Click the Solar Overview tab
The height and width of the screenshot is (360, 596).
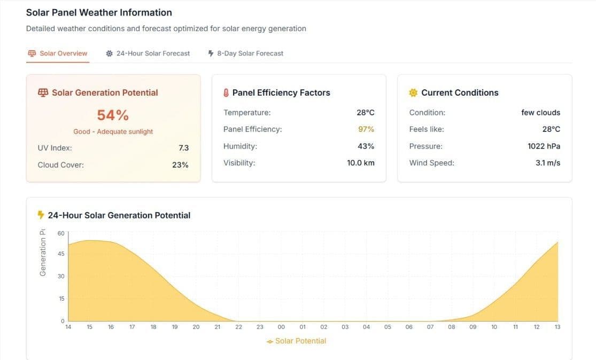(x=58, y=53)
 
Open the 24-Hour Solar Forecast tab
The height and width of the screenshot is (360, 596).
(x=148, y=53)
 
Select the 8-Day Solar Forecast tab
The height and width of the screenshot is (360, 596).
(x=245, y=53)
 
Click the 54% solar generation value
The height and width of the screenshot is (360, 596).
(x=113, y=115)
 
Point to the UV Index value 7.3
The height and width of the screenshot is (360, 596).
(x=183, y=148)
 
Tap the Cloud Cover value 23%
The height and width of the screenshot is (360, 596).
(x=180, y=165)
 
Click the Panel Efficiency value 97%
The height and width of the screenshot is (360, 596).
(x=366, y=129)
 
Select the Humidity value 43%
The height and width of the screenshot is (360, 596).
(x=366, y=146)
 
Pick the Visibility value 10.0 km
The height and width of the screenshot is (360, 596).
(x=361, y=163)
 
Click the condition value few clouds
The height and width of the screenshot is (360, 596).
(x=540, y=113)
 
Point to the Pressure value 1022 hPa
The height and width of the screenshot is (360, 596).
(x=544, y=146)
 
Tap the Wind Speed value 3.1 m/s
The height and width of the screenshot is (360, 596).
(x=548, y=163)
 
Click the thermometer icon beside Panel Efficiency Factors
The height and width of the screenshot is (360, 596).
(x=226, y=93)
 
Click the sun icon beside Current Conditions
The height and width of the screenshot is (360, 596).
(x=413, y=93)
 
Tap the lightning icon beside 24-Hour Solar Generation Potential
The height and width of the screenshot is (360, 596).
(x=41, y=215)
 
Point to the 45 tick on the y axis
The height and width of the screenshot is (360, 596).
(x=61, y=254)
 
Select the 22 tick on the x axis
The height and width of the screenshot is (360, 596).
(x=238, y=327)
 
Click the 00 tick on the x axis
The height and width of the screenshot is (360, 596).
(x=281, y=327)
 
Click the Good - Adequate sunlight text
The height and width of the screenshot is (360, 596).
(x=113, y=131)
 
